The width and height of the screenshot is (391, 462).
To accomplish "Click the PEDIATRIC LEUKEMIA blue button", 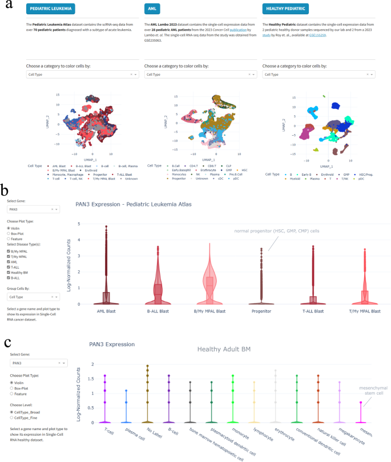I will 51,10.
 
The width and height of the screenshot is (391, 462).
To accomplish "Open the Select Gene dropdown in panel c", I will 37,363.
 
